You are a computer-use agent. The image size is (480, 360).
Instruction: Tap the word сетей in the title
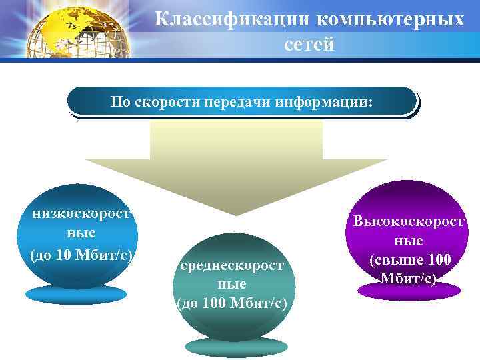(x=309, y=44)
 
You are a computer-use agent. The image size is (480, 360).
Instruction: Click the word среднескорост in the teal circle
(x=231, y=266)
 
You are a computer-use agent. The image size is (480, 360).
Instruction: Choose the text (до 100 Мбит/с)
(x=231, y=304)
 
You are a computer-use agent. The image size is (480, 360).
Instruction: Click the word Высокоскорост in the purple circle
(x=409, y=221)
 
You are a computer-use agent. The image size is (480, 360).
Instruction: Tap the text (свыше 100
(x=409, y=259)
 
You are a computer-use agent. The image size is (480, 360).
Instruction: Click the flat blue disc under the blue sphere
(x=75, y=294)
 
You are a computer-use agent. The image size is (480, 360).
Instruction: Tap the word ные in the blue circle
(x=81, y=234)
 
